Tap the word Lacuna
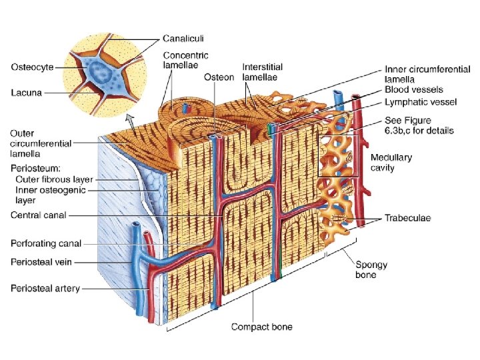26,93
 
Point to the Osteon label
219,77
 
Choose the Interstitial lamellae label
262,72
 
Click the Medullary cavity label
391,163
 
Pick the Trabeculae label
408,218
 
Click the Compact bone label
261,327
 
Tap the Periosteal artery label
45,288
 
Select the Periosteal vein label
41,263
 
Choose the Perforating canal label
46,243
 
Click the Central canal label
37,215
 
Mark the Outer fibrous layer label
55,179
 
